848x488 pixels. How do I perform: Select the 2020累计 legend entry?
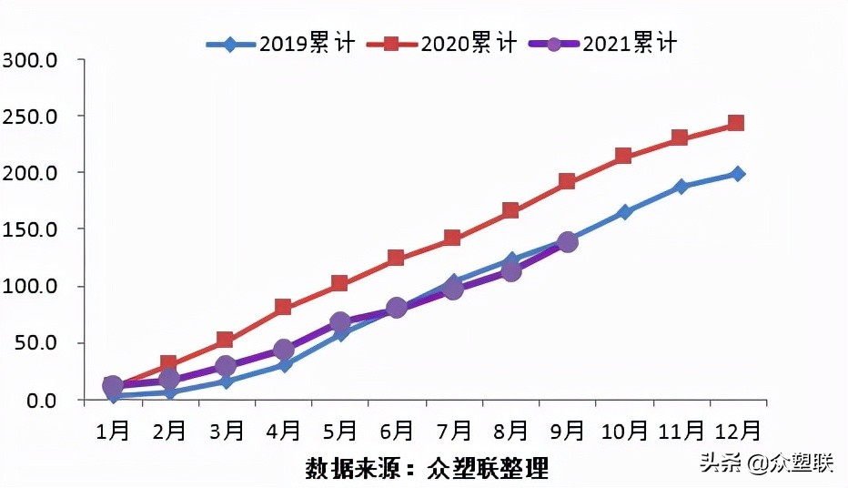(446, 43)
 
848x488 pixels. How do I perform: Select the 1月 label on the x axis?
(113, 429)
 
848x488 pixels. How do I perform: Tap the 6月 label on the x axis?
(397, 429)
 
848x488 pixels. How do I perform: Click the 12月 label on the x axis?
(736, 429)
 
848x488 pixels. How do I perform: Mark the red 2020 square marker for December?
(736, 123)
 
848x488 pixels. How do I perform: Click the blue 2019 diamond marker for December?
(738, 173)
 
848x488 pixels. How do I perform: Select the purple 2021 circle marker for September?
(568, 241)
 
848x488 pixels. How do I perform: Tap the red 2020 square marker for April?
(283, 307)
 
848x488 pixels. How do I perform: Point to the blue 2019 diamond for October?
(624, 212)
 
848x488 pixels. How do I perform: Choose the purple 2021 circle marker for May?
(339, 322)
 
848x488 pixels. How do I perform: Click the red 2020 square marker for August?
(510, 210)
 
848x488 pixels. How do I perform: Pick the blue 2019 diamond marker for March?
(226, 381)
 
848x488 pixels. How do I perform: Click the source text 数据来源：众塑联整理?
(427, 469)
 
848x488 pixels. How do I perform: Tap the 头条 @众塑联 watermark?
(766, 463)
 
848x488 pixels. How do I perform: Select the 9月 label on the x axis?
(567, 429)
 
